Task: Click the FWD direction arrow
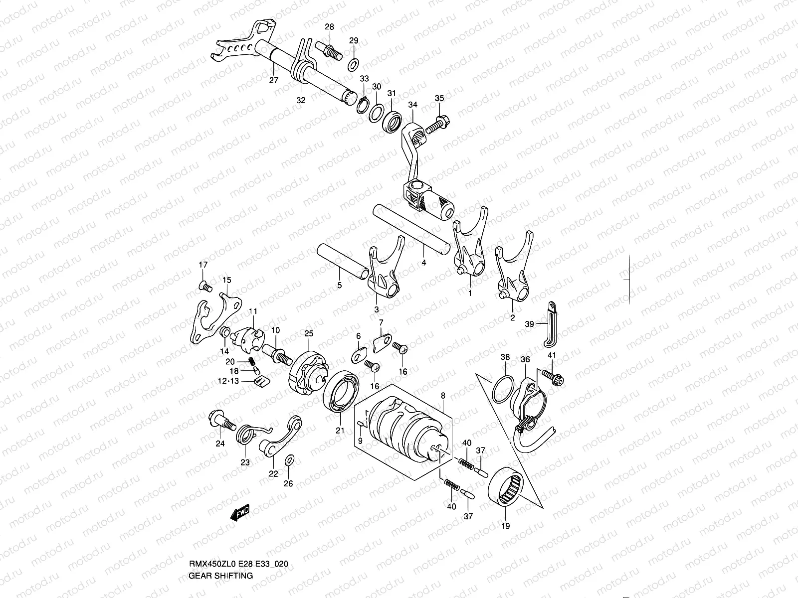point(240,513)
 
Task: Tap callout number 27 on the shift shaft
point(273,81)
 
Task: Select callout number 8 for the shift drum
point(443,395)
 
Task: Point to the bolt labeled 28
point(331,50)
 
